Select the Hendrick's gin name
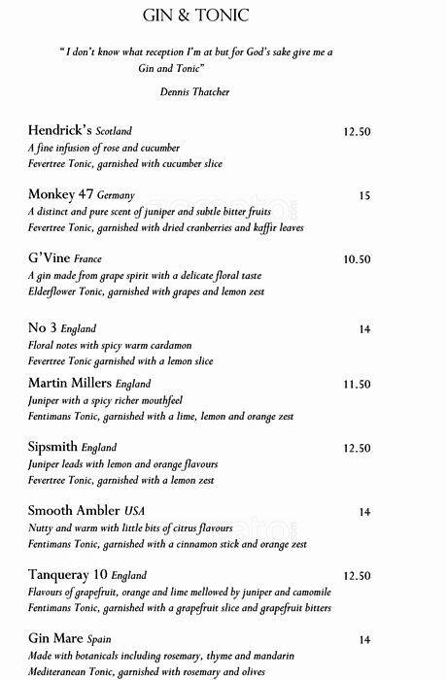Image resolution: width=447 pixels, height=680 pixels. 62,131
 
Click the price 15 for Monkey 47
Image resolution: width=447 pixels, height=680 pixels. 364,195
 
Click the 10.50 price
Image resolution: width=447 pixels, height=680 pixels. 358,259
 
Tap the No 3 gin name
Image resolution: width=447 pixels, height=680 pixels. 42,328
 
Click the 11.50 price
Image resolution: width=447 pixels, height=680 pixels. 358,385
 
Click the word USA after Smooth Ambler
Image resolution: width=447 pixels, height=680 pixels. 136,511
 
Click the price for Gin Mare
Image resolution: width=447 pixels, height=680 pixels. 364,639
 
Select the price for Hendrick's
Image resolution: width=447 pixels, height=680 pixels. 358,131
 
